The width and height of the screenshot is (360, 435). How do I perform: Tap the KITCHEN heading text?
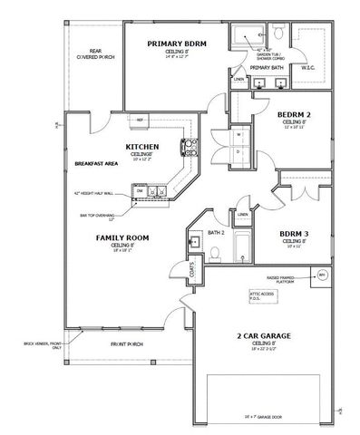click(x=142, y=146)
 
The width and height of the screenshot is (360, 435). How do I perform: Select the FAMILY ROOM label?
click(x=116, y=237)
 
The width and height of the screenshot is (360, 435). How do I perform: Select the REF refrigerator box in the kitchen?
click(x=141, y=119)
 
